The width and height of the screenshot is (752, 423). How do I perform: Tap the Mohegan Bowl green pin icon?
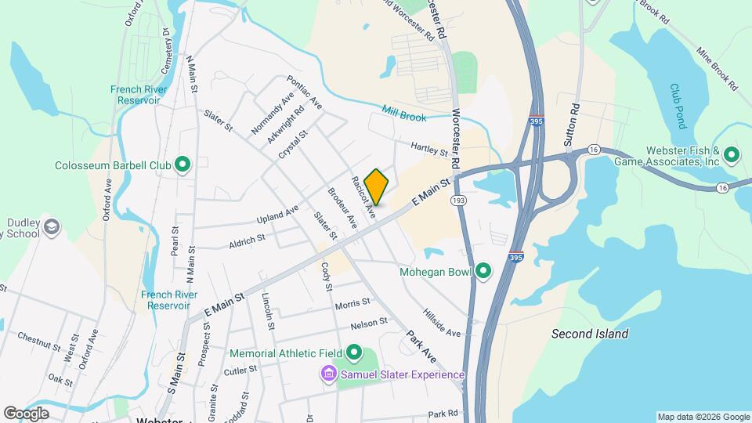tap(483, 272)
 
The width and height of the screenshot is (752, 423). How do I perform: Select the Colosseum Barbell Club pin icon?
tap(183, 164)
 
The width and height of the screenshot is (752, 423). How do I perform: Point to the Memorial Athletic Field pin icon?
tap(354, 353)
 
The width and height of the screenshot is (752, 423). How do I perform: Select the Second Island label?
tap(589, 334)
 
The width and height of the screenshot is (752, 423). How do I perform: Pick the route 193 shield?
tap(459, 201)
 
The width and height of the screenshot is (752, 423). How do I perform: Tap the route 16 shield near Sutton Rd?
tap(595, 150)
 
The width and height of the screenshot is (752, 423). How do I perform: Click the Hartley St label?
tap(428, 148)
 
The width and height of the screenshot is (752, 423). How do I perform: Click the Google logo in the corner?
tap(26, 413)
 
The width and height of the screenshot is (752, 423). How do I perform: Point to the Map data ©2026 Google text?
tap(703, 417)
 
